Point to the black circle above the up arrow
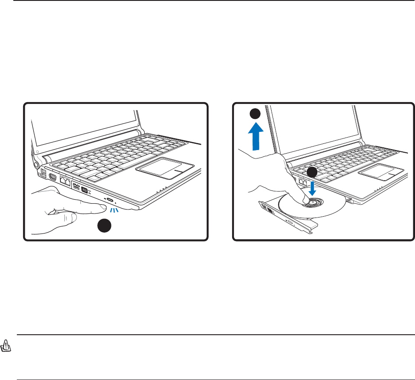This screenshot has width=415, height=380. [255, 114]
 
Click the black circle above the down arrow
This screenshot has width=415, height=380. [312, 172]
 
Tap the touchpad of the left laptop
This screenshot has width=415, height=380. [164, 168]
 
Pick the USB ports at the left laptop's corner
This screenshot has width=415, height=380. [43, 172]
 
